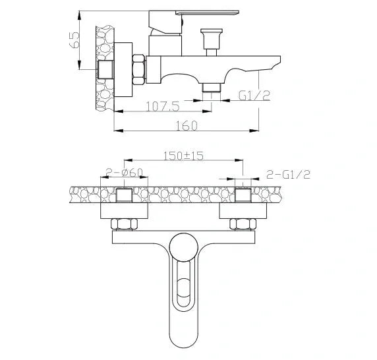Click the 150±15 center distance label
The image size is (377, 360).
[181, 156]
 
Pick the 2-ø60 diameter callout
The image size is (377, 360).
[125, 173]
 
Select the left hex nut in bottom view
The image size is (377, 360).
[125, 224]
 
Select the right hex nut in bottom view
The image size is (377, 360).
[242, 224]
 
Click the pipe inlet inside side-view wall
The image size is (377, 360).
[105, 69]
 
